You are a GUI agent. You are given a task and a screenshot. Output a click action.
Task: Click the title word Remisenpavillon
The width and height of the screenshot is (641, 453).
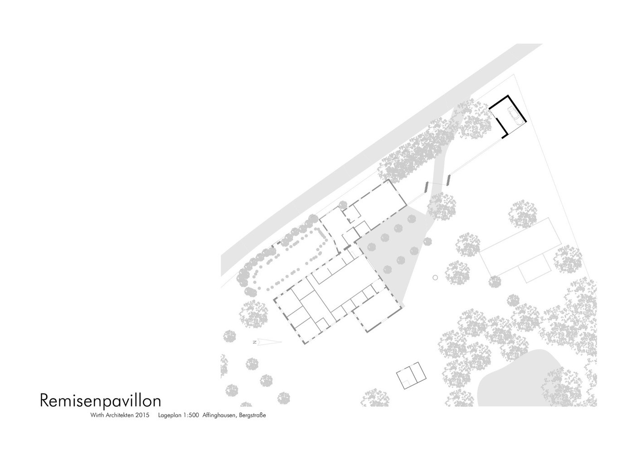click(101, 400)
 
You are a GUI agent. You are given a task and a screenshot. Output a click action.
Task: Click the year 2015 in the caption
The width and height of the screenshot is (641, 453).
click(142, 415)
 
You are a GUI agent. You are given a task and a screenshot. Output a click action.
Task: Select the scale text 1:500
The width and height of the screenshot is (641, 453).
click(190, 415)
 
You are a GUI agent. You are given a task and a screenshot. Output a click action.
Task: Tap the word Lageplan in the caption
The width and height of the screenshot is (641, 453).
click(170, 416)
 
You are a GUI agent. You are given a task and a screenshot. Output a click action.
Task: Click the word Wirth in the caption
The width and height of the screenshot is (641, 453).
click(97, 415)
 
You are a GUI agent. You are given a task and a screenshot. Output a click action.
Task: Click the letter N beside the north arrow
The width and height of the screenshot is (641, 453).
click(254, 342)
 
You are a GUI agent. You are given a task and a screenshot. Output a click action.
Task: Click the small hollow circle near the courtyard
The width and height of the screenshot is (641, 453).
click(435, 277)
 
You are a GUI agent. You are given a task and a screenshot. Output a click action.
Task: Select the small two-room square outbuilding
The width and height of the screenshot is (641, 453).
click(411, 375)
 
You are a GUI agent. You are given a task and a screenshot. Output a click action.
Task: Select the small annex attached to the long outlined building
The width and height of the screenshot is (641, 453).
click(535, 268)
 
